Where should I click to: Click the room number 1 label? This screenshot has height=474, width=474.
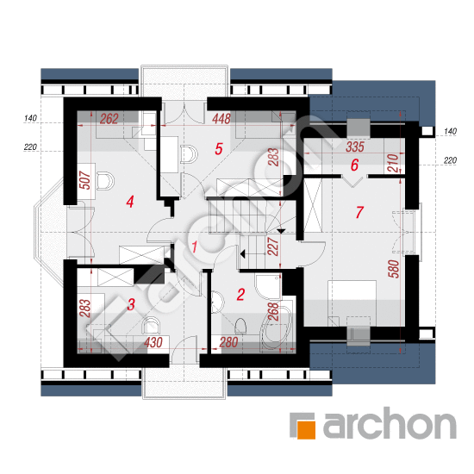(195, 246)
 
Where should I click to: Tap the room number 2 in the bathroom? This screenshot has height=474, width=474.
(240, 295)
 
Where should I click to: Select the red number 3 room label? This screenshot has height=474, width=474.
(131, 304)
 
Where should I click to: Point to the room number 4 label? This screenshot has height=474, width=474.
(130, 202)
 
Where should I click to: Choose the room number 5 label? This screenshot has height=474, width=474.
(219, 149)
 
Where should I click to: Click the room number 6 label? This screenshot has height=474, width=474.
(354, 165)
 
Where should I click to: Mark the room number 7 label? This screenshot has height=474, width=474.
(359, 212)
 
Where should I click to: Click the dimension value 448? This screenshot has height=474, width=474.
(221, 119)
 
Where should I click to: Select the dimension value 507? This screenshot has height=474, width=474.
(86, 180)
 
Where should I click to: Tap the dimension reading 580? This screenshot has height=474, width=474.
(394, 269)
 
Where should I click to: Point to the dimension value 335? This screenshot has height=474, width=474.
(355, 147)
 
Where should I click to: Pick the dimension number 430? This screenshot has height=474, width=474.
(153, 342)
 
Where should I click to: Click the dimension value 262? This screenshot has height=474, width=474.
(109, 119)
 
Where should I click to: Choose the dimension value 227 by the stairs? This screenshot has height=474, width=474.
(273, 246)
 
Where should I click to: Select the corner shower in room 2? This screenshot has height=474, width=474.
(268, 286)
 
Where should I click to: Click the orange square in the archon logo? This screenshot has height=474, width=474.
(307, 429)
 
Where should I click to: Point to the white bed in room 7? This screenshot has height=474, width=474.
(352, 302)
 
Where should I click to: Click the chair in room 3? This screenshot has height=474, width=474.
(151, 325)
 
